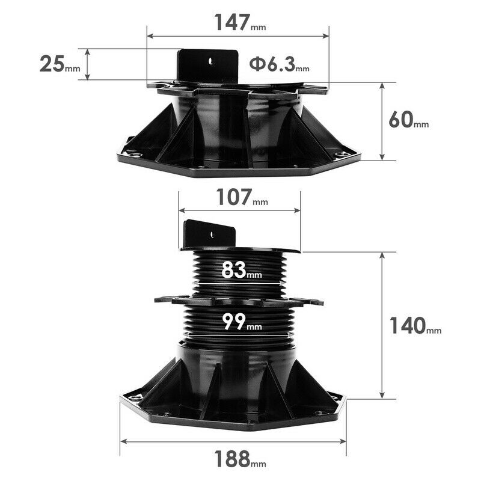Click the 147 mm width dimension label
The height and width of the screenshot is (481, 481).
[x=240, y=23]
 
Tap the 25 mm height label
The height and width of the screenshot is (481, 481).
[x=60, y=64]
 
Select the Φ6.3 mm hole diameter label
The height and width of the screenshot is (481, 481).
[x=279, y=64]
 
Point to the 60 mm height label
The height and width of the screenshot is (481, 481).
[x=409, y=119]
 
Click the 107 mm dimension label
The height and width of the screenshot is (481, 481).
[x=242, y=197]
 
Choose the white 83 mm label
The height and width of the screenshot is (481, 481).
[x=242, y=269]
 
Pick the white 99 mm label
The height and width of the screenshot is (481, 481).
[x=242, y=322]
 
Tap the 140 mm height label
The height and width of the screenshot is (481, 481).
[x=415, y=325]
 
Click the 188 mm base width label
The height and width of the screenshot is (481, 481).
[x=240, y=459]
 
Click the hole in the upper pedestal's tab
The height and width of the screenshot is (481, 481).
[x=210, y=61]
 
